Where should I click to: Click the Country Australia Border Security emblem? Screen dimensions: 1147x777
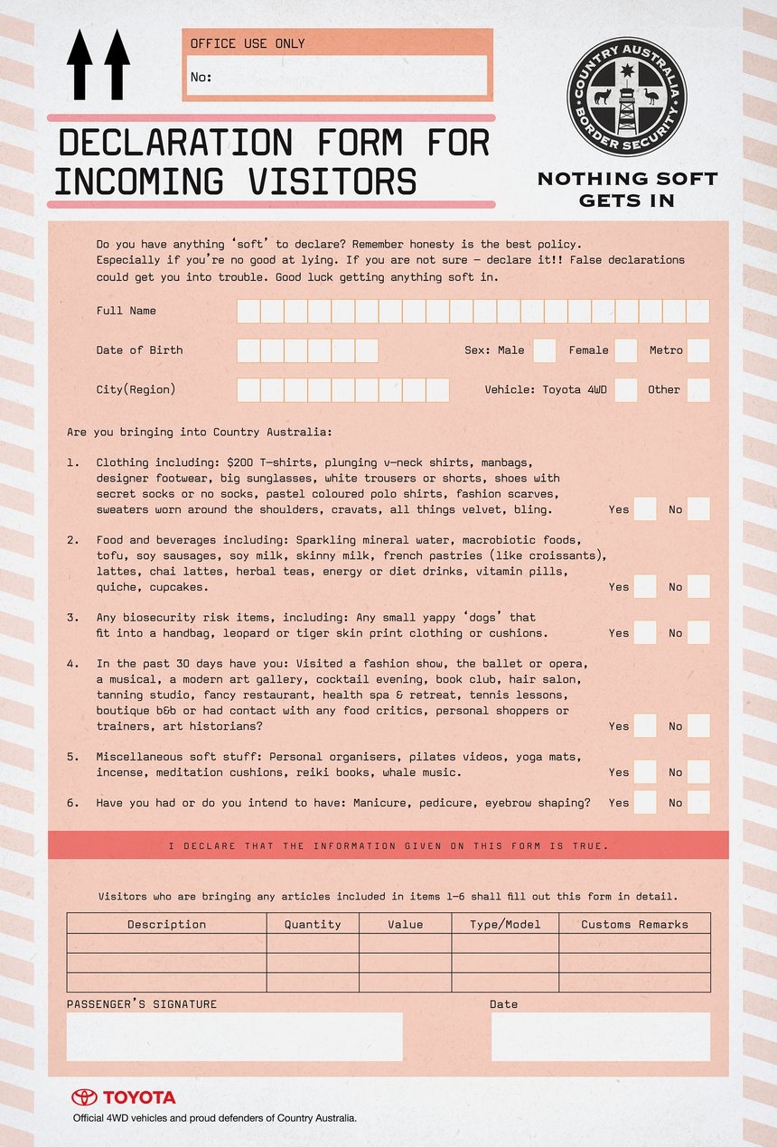[x=627, y=97]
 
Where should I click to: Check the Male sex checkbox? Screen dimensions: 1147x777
[x=544, y=350]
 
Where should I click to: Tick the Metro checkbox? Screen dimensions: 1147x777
[x=697, y=350]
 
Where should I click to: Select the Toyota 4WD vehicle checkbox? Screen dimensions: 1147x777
[x=625, y=390]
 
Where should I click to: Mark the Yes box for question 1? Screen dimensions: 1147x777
[x=644, y=509]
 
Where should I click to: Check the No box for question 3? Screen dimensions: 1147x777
[x=697, y=632]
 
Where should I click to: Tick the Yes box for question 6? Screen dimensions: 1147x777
[x=644, y=802]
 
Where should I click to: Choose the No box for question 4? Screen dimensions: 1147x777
[x=697, y=725]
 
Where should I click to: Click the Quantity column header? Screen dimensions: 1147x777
[x=313, y=924]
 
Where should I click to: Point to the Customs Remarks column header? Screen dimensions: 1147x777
[x=634, y=924]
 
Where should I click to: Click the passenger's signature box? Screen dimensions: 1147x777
[x=235, y=1036]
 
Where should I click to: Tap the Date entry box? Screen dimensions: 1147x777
[x=601, y=1036]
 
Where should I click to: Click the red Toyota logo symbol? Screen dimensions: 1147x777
[x=84, y=1097]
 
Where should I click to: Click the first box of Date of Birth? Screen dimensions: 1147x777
[x=248, y=350]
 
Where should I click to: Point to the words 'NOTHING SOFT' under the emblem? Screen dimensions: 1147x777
[x=627, y=178]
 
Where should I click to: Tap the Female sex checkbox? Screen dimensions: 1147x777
[x=625, y=350]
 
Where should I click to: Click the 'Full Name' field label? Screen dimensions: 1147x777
[x=126, y=311]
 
